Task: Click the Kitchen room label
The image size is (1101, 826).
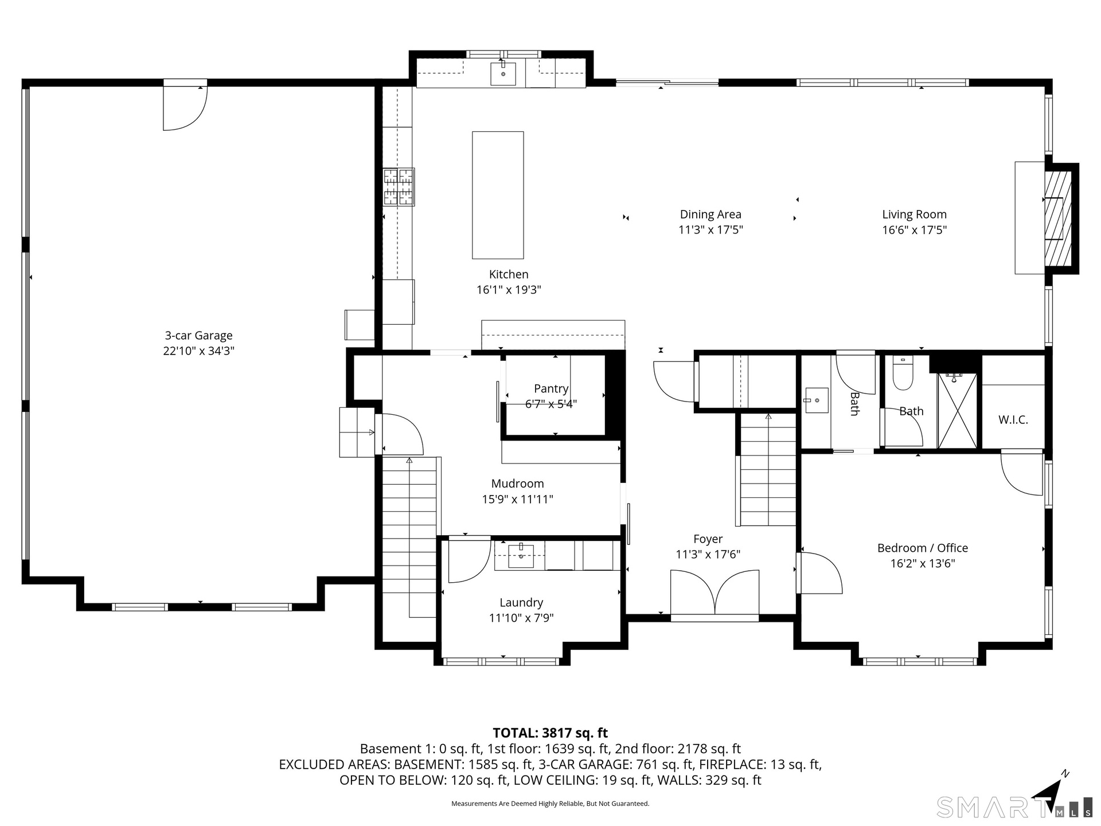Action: tap(509, 274)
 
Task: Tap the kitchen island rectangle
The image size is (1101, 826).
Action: tap(498, 195)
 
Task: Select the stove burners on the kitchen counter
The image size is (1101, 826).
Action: tap(399, 186)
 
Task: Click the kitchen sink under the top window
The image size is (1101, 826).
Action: tap(503, 74)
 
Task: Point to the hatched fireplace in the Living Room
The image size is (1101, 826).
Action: tap(1058, 219)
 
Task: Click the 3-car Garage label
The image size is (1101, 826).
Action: tap(199, 336)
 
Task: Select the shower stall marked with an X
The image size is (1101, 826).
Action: tap(957, 411)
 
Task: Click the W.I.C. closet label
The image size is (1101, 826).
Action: tap(1013, 420)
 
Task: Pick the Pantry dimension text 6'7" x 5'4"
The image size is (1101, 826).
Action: tap(551, 404)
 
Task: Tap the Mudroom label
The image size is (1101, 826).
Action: tap(517, 484)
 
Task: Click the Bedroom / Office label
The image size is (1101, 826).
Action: tap(923, 548)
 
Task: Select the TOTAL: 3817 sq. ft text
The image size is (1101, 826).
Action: tap(550, 733)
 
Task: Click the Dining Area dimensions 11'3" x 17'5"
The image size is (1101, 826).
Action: tap(710, 230)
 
